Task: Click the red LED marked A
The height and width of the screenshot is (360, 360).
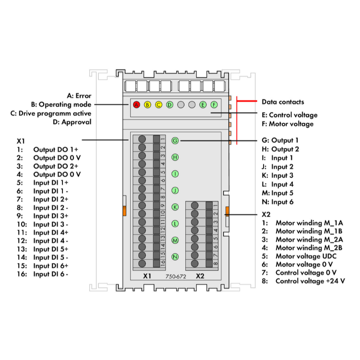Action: tap(136, 105)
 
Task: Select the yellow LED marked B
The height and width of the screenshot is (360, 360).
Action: tap(147, 105)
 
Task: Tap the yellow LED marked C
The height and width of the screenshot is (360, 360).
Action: tap(158, 105)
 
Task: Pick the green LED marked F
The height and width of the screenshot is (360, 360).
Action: tap(214, 105)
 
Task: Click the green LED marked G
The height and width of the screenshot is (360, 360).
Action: tap(175, 140)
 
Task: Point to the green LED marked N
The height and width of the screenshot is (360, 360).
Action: tap(175, 257)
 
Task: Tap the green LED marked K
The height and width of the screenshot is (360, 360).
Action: tap(175, 207)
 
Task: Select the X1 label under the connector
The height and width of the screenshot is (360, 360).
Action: tap(147, 277)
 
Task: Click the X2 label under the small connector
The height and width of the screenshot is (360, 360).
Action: tap(200, 277)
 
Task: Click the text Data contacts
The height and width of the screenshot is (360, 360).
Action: tap(283, 102)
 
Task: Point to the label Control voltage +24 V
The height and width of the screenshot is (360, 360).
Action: tap(310, 281)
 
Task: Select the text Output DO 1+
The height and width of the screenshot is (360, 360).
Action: tap(56, 150)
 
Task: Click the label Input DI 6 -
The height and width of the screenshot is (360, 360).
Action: tap(50, 274)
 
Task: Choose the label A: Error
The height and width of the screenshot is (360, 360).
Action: tap(79, 96)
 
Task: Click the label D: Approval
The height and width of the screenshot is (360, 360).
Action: tap(72, 122)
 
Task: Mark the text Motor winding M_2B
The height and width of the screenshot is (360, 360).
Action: tap(310, 248)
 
